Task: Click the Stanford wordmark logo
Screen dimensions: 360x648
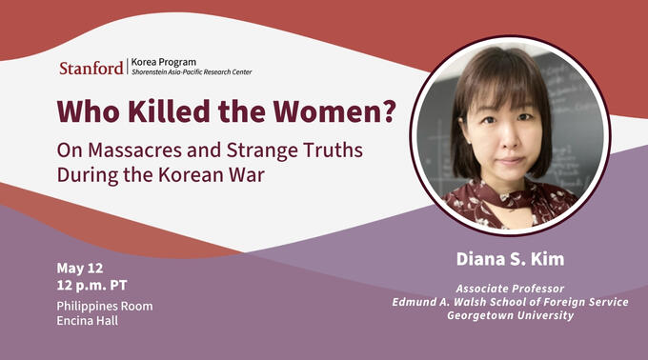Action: click(91, 68)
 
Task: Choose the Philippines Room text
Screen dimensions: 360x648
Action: click(105, 306)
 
